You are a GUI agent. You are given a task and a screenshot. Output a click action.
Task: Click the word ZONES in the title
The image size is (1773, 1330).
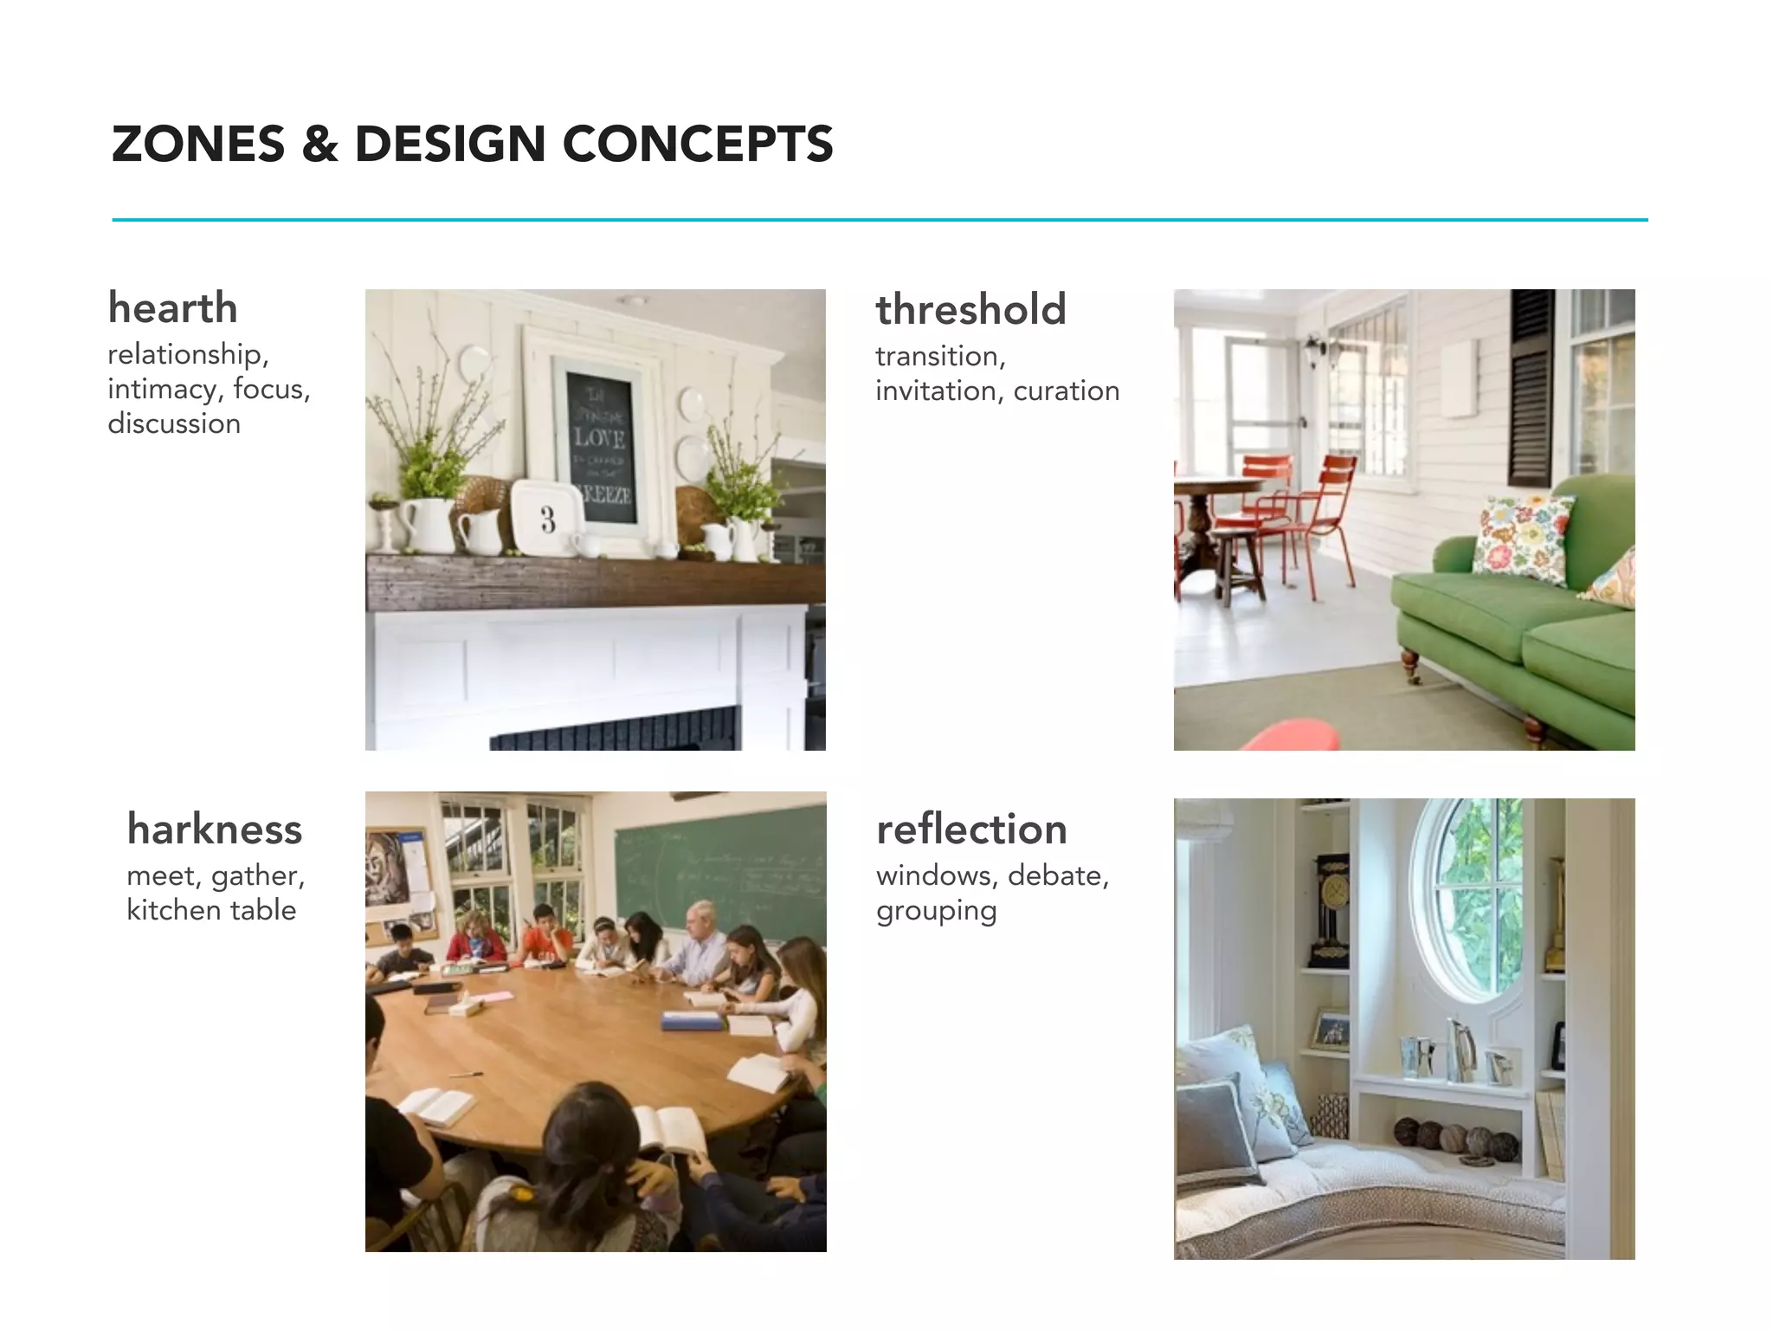(198, 144)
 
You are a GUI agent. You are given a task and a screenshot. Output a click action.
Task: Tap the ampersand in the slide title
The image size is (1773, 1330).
(319, 144)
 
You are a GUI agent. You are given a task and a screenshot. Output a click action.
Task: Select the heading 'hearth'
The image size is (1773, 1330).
(172, 308)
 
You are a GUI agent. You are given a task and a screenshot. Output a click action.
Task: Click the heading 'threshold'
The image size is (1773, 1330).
(970, 310)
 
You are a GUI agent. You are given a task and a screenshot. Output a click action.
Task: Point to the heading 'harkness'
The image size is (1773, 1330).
(215, 830)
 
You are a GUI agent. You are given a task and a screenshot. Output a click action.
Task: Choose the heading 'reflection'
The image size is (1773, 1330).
(971, 830)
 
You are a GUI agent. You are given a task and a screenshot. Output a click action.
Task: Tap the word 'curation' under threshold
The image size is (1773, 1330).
(1067, 391)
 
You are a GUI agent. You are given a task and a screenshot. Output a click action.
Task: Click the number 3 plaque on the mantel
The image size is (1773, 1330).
(547, 518)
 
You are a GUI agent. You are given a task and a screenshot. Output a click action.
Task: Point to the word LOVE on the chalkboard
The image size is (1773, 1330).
(599, 437)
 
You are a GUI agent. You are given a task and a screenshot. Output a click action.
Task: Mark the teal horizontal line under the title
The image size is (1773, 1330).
(880, 220)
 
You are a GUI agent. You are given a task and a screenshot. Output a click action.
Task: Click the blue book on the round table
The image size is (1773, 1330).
(691, 1022)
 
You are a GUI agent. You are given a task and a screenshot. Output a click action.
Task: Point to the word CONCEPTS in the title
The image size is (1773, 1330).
(698, 144)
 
